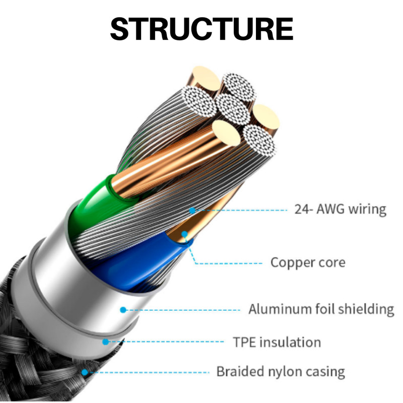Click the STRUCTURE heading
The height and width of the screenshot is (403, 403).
point(202,29)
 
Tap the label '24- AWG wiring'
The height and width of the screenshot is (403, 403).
point(341,210)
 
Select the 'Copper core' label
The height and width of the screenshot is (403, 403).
point(308,262)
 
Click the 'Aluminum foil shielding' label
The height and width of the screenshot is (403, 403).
point(321,309)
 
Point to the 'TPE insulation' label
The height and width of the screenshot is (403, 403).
point(277,343)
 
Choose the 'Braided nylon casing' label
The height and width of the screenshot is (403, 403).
point(281,372)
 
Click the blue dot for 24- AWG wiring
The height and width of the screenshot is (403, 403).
point(192,211)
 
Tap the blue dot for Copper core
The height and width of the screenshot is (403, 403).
point(184,234)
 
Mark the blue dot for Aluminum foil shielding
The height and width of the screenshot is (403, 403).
point(123,310)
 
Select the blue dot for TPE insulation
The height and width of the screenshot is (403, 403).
point(105,342)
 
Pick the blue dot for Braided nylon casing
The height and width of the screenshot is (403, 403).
point(85,372)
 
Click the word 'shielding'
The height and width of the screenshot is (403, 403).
point(366,309)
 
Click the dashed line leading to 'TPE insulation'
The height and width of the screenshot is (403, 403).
point(166,342)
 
